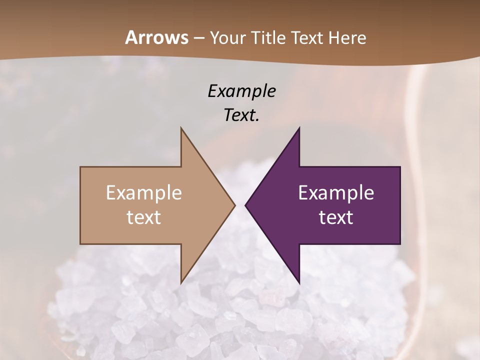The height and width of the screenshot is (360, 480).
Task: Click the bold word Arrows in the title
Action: click(x=156, y=37)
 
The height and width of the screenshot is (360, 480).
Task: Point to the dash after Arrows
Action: click(x=198, y=38)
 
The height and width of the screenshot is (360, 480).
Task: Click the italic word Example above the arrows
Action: click(x=241, y=91)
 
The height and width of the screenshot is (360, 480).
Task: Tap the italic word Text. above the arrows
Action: click(x=241, y=115)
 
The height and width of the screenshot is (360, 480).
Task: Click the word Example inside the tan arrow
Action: click(x=144, y=192)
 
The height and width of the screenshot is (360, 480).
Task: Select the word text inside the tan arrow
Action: click(x=144, y=217)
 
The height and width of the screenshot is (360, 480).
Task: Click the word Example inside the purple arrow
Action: click(x=336, y=192)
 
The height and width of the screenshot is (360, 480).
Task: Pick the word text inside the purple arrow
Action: click(x=336, y=217)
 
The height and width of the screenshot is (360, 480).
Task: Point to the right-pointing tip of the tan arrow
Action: click(x=234, y=205)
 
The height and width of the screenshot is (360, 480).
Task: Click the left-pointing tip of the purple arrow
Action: click(x=245, y=205)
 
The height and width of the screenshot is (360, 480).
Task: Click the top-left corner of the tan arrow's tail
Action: click(x=81, y=167)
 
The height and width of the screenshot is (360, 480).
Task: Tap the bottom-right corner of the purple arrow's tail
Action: click(x=399, y=243)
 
